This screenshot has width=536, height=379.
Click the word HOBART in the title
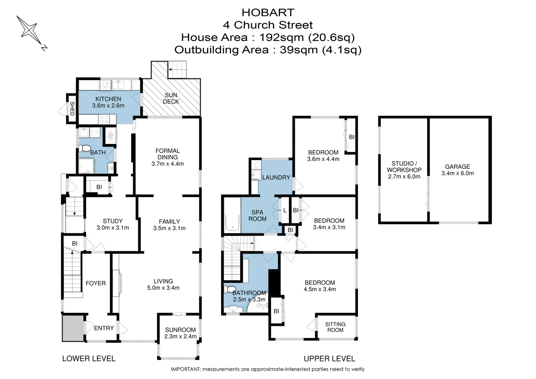click(x=268, y=13)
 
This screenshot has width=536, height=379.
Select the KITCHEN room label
click(x=108, y=99)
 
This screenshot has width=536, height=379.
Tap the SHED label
click(x=72, y=108)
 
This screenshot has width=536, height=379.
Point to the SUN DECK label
click(x=171, y=98)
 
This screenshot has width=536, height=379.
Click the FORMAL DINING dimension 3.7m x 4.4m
click(x=167, y=164)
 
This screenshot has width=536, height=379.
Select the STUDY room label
click(x=113, y=221)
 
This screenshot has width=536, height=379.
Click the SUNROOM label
click(x=180, y=330)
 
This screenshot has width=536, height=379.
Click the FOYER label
click(x=95, y=283)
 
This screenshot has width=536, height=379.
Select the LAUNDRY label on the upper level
click(x=276, y=178)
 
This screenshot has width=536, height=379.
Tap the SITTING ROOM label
click(x=335, y=327)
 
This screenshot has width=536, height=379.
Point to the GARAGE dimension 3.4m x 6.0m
click(x=457, y=173)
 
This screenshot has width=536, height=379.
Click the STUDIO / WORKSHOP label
click(x=404, y=167)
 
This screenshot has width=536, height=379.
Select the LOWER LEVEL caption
click(x=89, y=359)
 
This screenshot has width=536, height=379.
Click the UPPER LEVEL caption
click(x=329, y=359)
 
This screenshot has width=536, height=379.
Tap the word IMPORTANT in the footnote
click(x=186, y=369)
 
